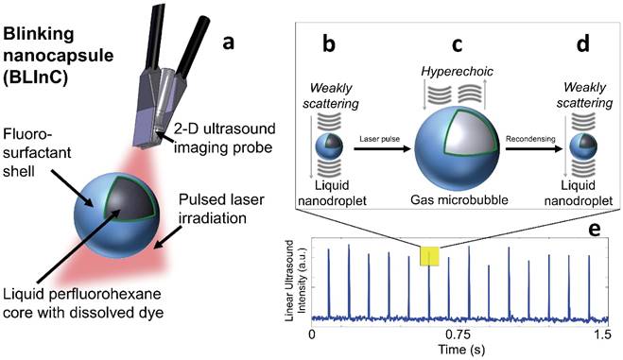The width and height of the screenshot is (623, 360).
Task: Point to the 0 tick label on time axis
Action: click(313, 334)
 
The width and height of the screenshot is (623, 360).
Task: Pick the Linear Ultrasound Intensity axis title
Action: click(293, 282)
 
